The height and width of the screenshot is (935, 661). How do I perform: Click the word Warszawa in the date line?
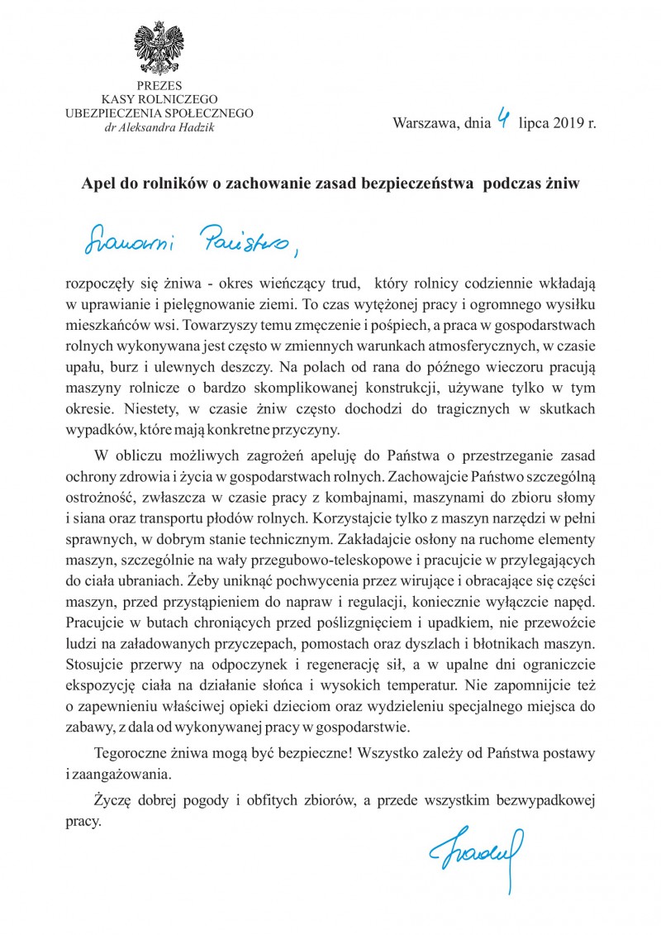tap(424, 124)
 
